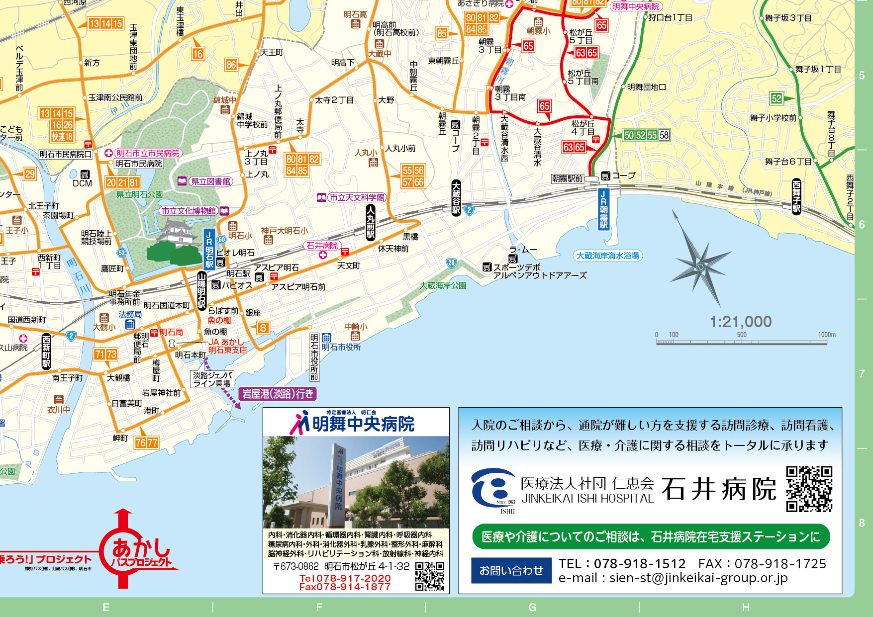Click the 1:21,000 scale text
tap(740, 322)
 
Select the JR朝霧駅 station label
tap(603, 209)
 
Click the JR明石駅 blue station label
tap(209, 249)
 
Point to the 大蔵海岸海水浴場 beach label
tap(607, 256)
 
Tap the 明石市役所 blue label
tap(341, 347)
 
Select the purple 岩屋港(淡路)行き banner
tap(278, 394)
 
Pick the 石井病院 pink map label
tap(322, 246)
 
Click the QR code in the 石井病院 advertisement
tap(809, 489)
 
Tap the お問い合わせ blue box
tap(511, 570)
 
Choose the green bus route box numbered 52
tap(776, 98)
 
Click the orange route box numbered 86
tap(231, 64)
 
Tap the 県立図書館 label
tap(210, 181)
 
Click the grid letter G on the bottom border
tap(532, 607)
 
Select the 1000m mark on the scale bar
tap(827, 335)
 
